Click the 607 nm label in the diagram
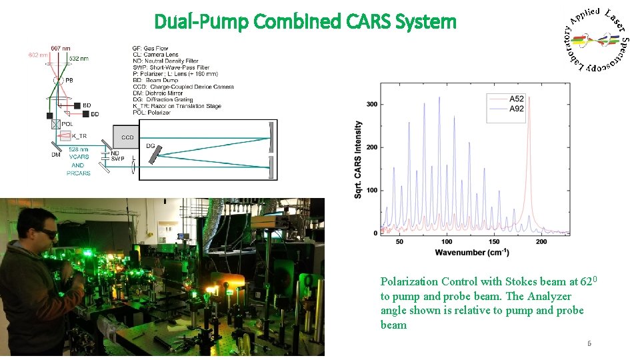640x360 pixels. [x=61, y=48]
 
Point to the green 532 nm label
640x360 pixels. [x=79, y=59]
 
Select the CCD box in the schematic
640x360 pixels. [x=127, y=137]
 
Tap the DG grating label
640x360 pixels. [x=150, y=145]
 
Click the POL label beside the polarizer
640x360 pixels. [x=67, y=124]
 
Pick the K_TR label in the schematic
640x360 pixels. [x=79, y=136]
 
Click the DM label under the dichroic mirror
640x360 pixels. [x=56, y=155]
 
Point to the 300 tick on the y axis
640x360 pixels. [x=371, y=104]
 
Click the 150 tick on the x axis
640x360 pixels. [x=494, y=241]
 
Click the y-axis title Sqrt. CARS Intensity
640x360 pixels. [x=359, y=159]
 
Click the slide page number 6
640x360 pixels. [x=589, y=343]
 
